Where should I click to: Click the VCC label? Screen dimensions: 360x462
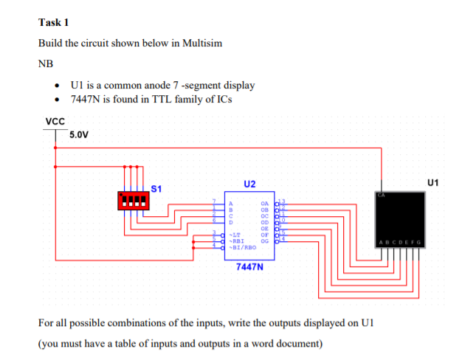55,122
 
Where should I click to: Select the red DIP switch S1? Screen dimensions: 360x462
134,200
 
